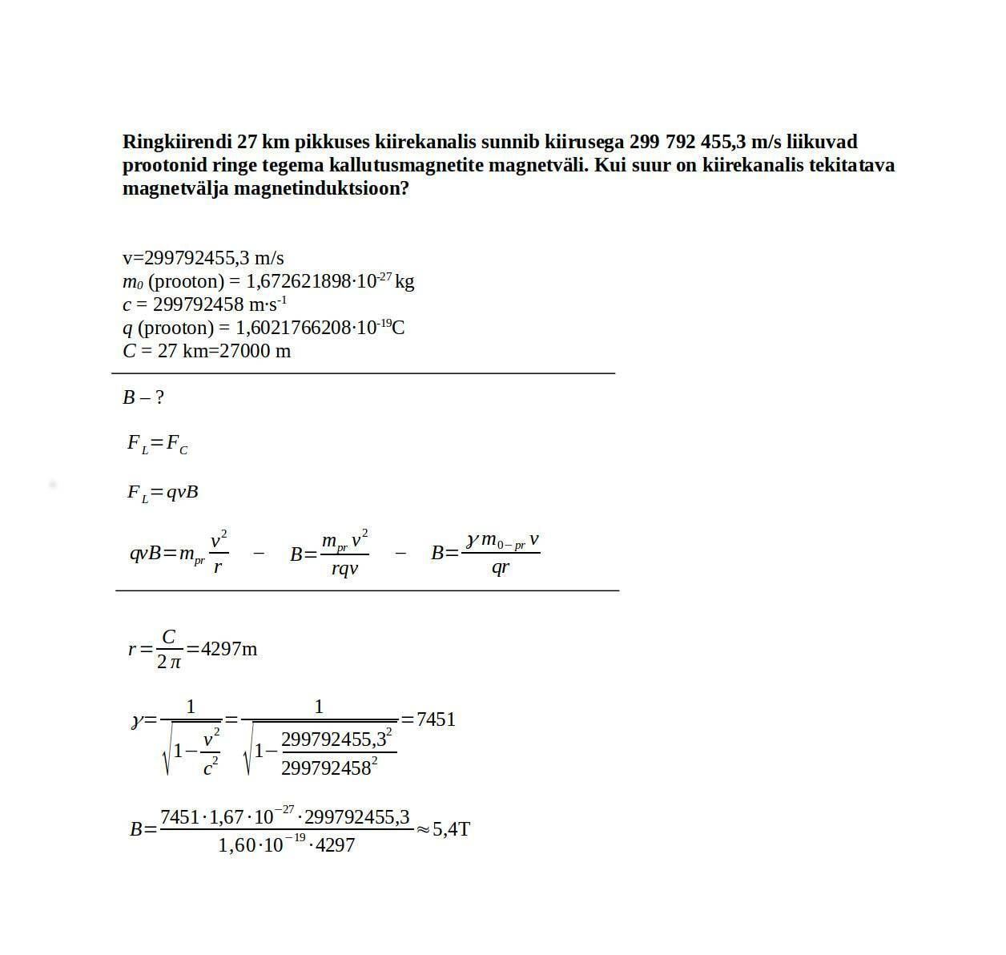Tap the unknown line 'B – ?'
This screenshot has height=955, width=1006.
pyautogui.click(x=143, y=397)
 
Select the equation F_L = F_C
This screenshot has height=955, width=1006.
pyautogui.click(x=157, y=444)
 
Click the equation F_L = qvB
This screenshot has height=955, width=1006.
pyautogui.click(x=162, y=493)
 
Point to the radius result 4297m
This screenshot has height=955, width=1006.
pyautogui.click(x=229, y=649)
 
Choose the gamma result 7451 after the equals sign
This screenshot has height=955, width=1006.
pyautogui.click(x=436, y=719)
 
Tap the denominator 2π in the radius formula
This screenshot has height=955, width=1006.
pyautogui.click(x=168, y=663)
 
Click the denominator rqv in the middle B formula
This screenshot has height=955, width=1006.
pyautogui.click(x=344, y=569)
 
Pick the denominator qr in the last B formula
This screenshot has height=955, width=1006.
pyautogui.click(x=501, y=568)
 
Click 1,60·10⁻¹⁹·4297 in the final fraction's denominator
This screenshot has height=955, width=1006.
pyautogui.click(x=286, y=844)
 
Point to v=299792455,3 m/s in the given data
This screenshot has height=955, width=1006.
pyautogui.click(x=203, y=258)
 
